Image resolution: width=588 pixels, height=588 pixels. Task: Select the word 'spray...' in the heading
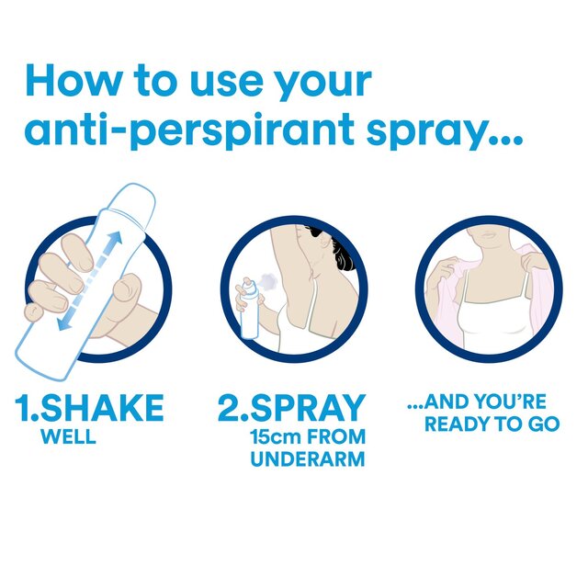click(x=451, y=130)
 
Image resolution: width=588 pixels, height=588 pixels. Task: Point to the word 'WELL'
click(x=68, y=436)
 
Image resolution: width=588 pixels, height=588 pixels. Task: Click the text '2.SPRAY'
click(x=291, y=408)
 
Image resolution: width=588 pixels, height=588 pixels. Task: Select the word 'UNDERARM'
click(x=308, y=458)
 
